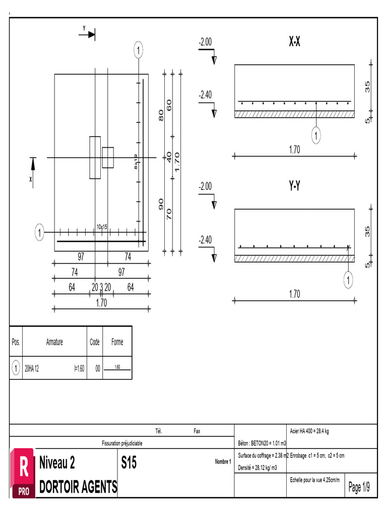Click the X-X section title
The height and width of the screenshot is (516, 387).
(x=295, y=43)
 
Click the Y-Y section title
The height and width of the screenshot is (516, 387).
(x=295, y=186)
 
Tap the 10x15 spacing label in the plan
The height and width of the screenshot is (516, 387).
(x=103, y=227)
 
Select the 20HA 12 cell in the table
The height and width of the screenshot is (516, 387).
(x=32, y=368)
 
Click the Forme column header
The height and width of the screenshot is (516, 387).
(x=117, y=342)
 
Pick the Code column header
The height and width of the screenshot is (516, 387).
(x=95, y=342)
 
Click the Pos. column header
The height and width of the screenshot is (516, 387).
(x=16, y=342)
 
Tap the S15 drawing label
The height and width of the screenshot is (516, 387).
(x=129, y=463)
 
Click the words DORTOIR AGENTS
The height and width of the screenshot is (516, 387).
(x=78, y=487)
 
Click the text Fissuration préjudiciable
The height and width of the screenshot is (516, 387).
(x=122, y=443)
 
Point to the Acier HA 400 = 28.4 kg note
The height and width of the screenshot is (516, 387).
(x=310, y=431)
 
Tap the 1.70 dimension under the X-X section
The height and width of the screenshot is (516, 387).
(x=295, y=150)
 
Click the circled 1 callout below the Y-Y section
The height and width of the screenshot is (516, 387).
(x=348, y=281)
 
